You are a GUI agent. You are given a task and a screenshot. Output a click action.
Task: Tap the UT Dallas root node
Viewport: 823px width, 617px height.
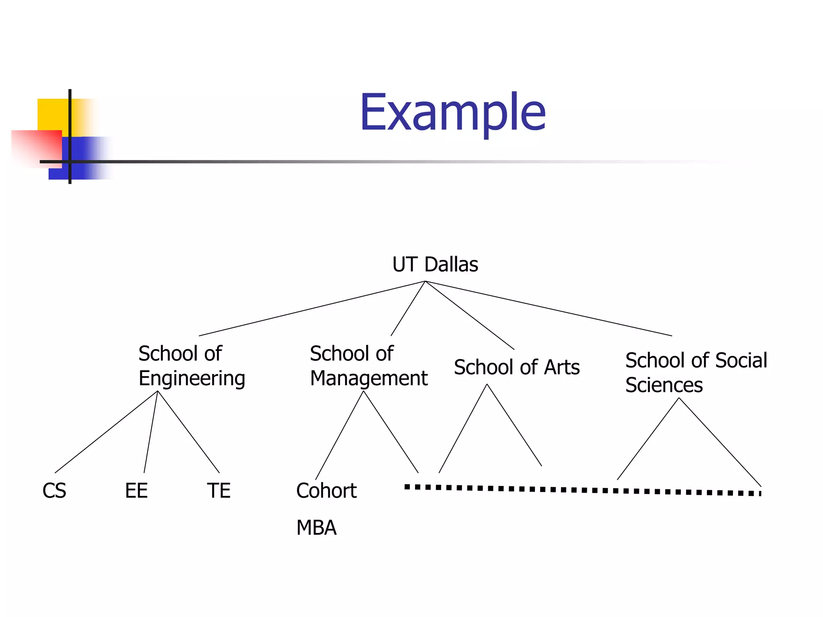coord(435,264)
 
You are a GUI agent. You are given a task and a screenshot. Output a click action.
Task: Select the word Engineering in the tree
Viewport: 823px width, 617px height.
coord(192,379)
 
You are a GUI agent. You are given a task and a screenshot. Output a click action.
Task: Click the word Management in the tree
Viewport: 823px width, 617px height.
coord(369,378)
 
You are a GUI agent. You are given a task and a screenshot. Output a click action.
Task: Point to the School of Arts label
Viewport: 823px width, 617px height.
coord(516,367)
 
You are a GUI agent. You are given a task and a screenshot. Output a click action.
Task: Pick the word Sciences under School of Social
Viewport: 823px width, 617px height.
coord(664,385)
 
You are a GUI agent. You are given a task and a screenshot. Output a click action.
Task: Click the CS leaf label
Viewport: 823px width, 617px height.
coord(54,490)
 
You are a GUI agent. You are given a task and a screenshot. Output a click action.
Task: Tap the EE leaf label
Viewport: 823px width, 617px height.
coord(136,490)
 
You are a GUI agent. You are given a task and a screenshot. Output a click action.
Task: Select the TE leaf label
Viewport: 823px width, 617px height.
coord(219,490)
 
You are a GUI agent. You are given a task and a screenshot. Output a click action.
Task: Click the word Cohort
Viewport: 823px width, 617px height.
coord(326,490)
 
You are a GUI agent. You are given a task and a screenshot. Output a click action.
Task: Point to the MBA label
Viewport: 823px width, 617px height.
coord(316,528)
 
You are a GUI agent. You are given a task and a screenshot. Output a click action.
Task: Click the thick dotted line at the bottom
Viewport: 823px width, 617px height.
coord(583,490)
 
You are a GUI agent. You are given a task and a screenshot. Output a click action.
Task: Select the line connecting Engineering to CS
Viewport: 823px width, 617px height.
coord(106,432)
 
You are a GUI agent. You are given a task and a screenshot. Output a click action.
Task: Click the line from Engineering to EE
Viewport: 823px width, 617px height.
coord(151,432)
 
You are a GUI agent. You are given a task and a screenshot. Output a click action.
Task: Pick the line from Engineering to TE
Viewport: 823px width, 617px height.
coord(188,432)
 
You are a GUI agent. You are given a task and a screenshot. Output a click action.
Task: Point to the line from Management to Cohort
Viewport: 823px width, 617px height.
coord(340,435)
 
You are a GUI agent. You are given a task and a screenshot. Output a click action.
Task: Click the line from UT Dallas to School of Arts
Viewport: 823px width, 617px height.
coord(469,315)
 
